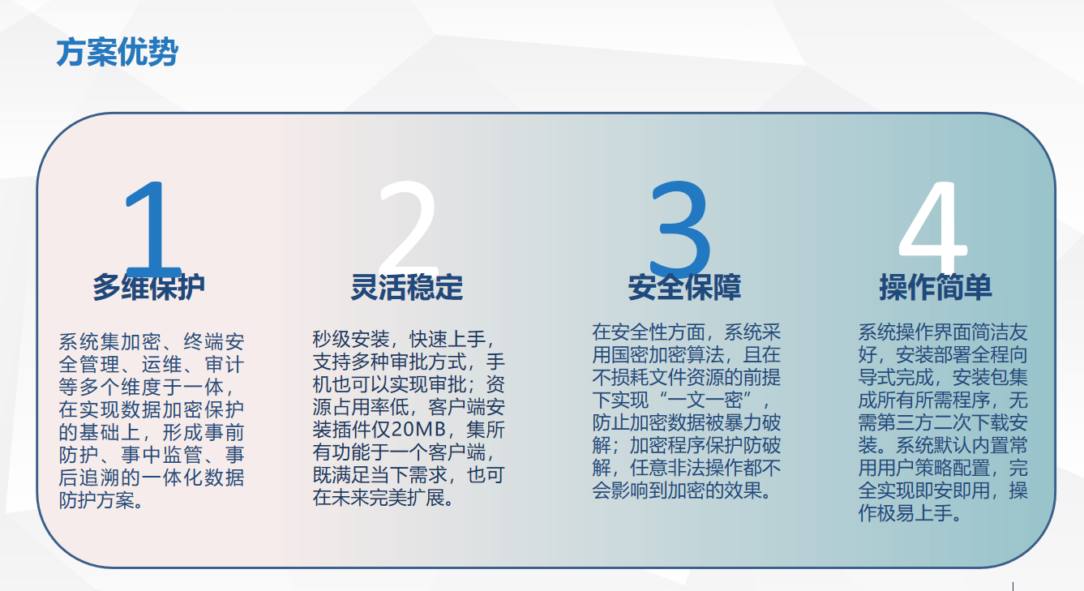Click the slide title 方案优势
tap(117, 52)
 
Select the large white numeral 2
tap(409, 225)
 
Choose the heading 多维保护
tap(149, 287)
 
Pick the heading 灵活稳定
tap(407, 287)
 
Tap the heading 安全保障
tap(685, 287)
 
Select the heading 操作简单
tap(936, 287)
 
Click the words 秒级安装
tap(351, 340)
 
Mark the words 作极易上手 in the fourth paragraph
tap(906, 513)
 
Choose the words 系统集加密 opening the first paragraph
tap(109, 342)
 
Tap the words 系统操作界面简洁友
tap(943, 332)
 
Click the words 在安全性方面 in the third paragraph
tap(649, 332)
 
